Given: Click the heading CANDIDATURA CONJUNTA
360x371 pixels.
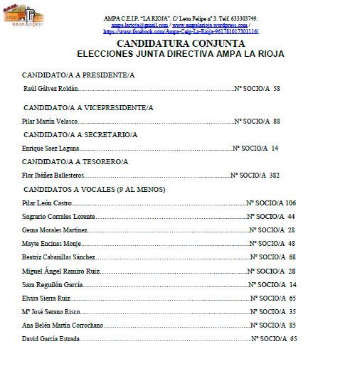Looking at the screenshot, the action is pyautogui.click(x=180, y=43).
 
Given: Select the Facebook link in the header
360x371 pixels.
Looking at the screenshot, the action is pyautogui.click(x=180, y=31).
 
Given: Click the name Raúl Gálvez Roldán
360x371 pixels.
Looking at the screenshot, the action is pyautogui.click(x=51, y=89).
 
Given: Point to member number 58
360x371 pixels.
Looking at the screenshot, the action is pyautogui.click(x=276, y=89).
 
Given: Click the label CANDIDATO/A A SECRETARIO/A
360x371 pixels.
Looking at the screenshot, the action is pyautogui.click(x=80, y=134).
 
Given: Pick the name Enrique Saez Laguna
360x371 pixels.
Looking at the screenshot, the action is pyautogui.click(x=51, y=149).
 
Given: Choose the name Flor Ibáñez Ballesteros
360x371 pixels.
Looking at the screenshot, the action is pyautogui.click(x=53, y=175).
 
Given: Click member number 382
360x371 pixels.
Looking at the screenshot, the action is pyautogui.click(x=275, y=175).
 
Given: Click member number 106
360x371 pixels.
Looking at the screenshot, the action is pyautogui.click(x=290, y=203).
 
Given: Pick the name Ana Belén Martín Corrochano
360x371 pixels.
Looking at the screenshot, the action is pyautogui.click(x=63, y=325).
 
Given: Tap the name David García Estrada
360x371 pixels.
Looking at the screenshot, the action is pyautogui.click(x=51, y=338).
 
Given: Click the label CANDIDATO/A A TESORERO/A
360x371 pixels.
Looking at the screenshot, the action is pyautogui.click(x=75, y=161).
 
